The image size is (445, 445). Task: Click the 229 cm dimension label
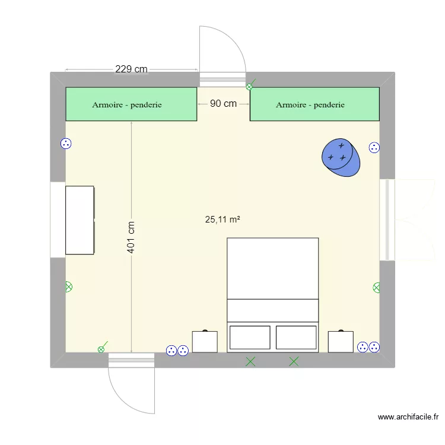[x=131, y=69]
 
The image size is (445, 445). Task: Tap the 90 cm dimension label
[x=223, y=104]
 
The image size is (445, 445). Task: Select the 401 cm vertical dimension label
[x=131, y=237]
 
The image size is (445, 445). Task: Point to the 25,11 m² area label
[x=223, y=220]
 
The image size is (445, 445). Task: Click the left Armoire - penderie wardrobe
[x=131, y=104]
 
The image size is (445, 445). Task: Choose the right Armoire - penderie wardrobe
[x=314, y=104]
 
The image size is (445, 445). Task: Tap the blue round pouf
[x=341, y=157]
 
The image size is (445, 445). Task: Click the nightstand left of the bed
[x=205, y=341]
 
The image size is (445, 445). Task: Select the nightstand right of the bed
[x=341, y=341]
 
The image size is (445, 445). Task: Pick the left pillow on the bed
[x=250, y=338]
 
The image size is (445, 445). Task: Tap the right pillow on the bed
[x=296, y=338]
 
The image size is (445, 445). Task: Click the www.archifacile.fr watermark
[x=408, y=417]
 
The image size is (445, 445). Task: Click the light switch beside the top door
[x=250, y=85]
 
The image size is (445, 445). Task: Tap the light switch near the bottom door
[x=102, y=347]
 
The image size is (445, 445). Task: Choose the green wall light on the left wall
[x=69, y=287]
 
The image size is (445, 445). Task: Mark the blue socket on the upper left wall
[x=66, y=144]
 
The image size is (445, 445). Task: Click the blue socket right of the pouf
[x=374, y=148]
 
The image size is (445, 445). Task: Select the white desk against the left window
[x=80, y=220]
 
